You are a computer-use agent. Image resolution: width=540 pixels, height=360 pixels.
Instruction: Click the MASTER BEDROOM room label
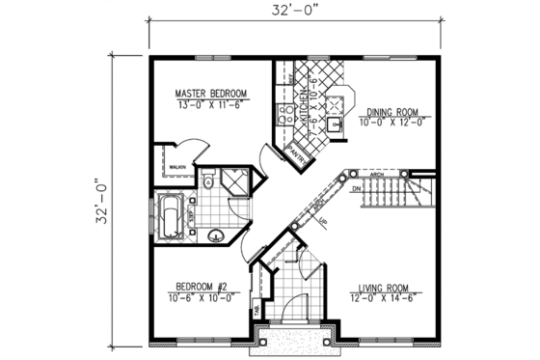pyautogui.click(x=211, y=94)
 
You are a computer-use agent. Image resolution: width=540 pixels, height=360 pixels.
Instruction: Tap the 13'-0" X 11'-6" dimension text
pyautogui.click(x=211, y=105)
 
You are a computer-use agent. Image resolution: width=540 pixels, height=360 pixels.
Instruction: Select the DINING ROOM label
pyautogui.click(x=391, y=111)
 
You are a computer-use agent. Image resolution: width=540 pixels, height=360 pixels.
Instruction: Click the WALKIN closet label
pyautogui.click(x=176, y=167)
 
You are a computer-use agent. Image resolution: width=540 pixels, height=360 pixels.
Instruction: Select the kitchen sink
pyautogui.click(x=337, y=124)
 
